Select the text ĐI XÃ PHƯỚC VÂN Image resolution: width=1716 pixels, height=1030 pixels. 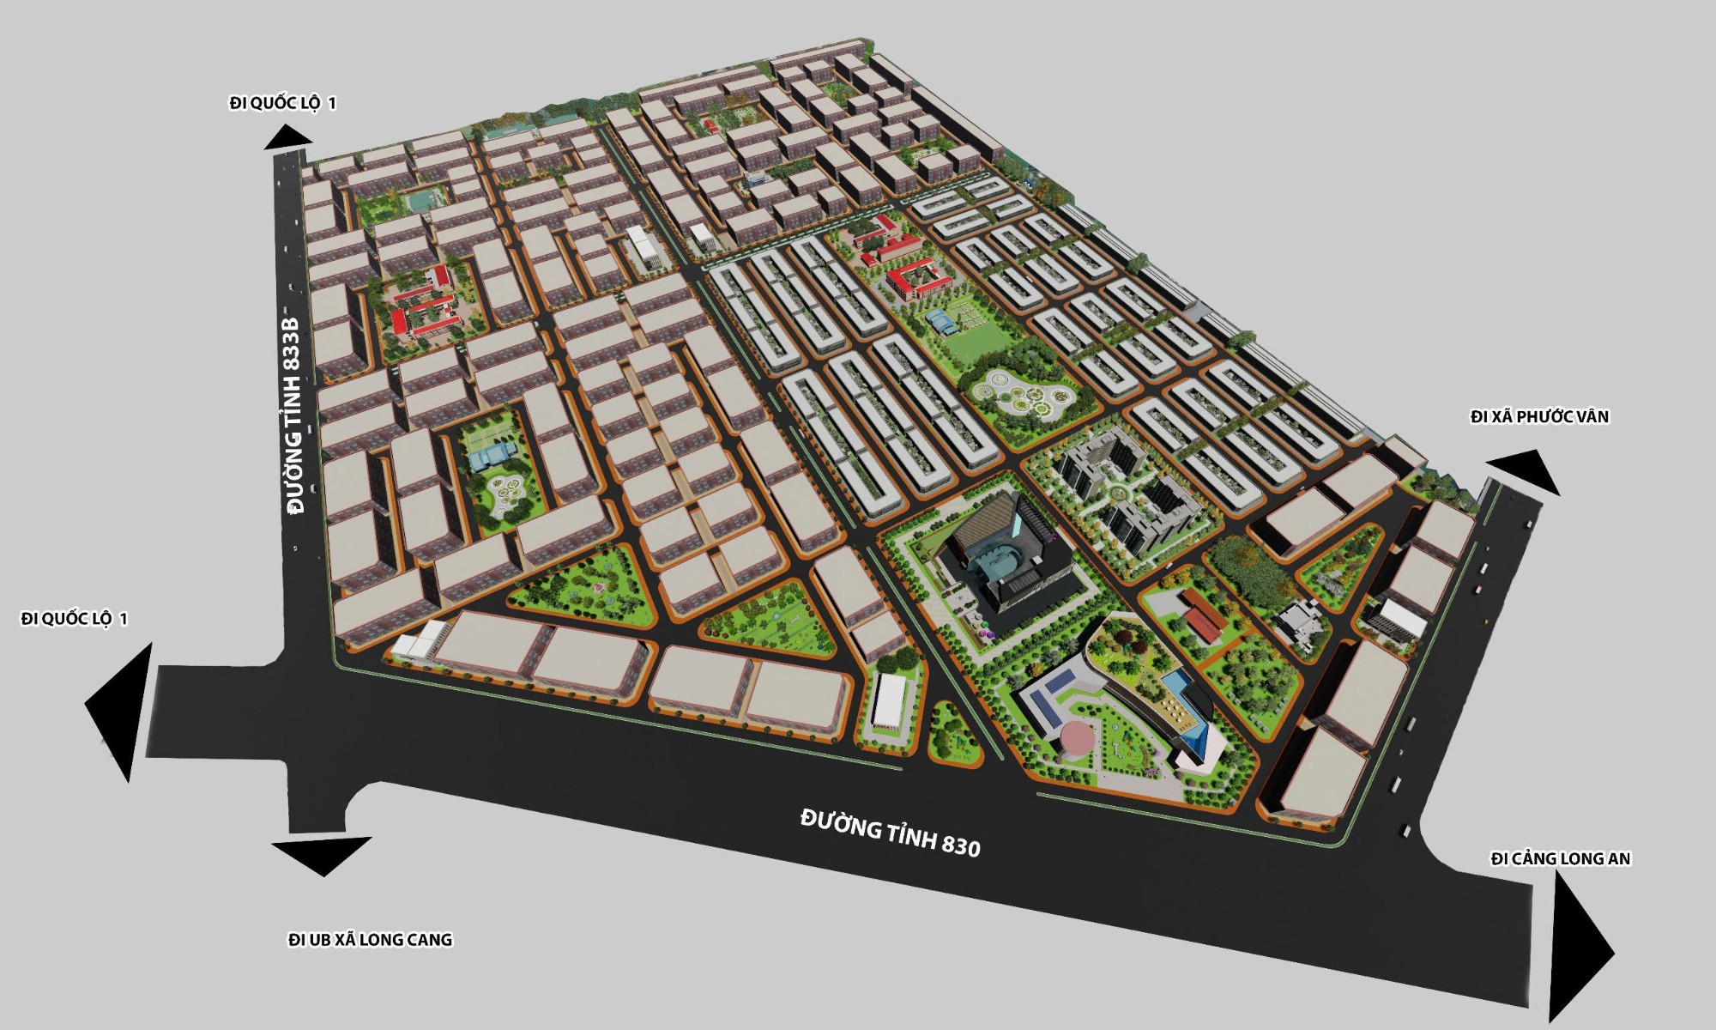pos(1539,417)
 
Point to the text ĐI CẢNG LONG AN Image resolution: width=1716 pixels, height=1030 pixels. pos(1560,859)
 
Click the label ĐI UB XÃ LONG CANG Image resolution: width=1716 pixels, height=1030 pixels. pos(370,940)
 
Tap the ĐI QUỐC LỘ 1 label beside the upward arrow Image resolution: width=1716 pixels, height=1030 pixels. pos(282,104)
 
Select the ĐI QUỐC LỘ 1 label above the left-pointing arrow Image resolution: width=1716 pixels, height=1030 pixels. pos(75,619)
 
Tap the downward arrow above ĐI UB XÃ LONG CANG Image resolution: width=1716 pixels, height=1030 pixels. pos(323,853)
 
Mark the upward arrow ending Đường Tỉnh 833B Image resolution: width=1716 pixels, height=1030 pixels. pos(287,137)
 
